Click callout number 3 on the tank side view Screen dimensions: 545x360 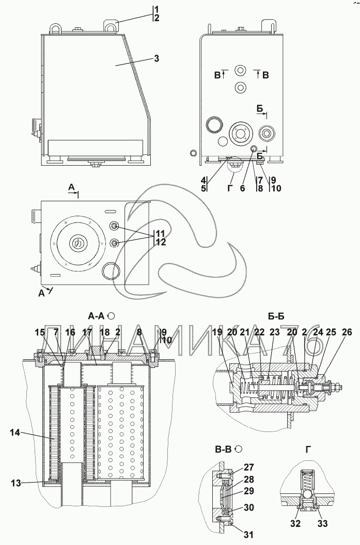(x=156, y=58)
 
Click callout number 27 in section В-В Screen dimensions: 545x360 (x=249, y=468)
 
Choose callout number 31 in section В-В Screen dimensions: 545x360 (x=249, y=534)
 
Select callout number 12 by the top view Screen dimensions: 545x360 (x=161, y=242)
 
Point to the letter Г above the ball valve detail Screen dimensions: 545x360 (x=308, y=449)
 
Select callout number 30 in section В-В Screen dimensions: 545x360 (x=249, y=508)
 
